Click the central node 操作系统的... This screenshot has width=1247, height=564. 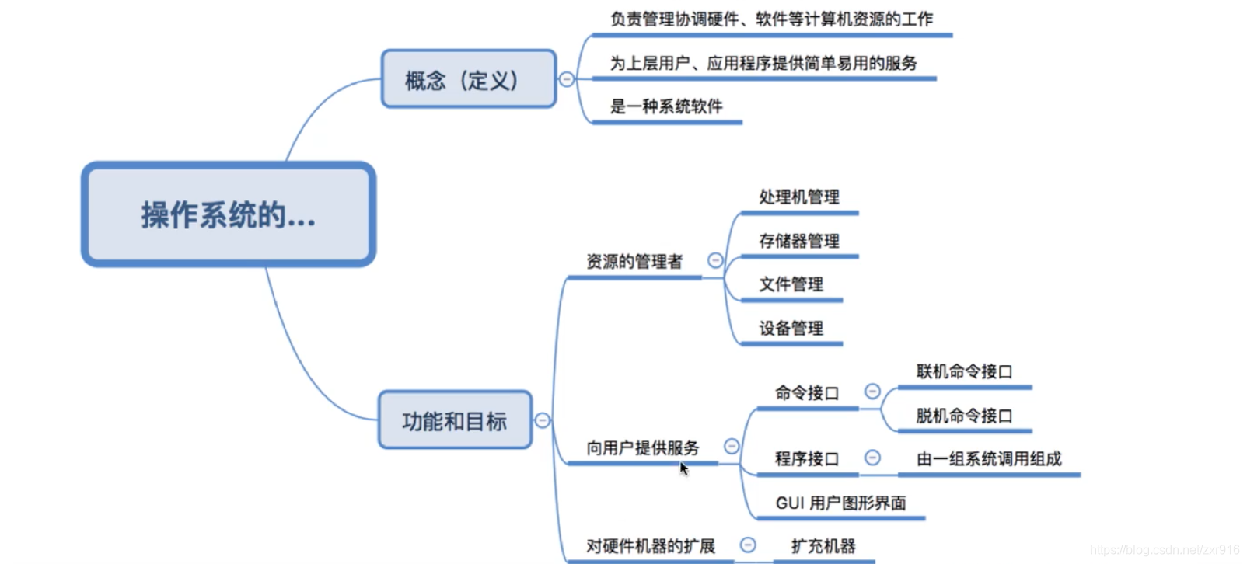pos(229,214)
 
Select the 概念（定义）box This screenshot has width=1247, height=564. pos(468,79)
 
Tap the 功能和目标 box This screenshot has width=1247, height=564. pos(455,420)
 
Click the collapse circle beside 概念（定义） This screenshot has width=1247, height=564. pos(567,79)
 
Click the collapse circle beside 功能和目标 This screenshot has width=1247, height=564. pos(543,420)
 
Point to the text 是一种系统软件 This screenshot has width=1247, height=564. pos(666,106)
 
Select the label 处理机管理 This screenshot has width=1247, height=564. pos(798,197)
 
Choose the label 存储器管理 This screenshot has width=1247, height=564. pos(798,241)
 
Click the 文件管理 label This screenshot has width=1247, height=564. pos(791,284)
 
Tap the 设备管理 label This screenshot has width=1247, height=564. pos(791,328)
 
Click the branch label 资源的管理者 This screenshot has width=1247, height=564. pos(634,262)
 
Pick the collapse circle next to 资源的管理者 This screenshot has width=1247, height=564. pos(715,261)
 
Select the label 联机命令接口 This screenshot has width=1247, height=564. pos(964,371)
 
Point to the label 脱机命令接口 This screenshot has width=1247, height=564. pos(964,416)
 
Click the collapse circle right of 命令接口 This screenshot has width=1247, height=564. pos(872,392)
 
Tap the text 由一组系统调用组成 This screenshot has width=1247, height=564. pos(989,459)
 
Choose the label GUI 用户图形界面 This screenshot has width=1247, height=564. pos(840,503)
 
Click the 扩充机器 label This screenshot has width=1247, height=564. pos(823,546)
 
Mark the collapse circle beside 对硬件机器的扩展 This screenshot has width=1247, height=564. pos(748,545)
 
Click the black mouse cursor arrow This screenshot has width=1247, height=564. pos(683,468)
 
